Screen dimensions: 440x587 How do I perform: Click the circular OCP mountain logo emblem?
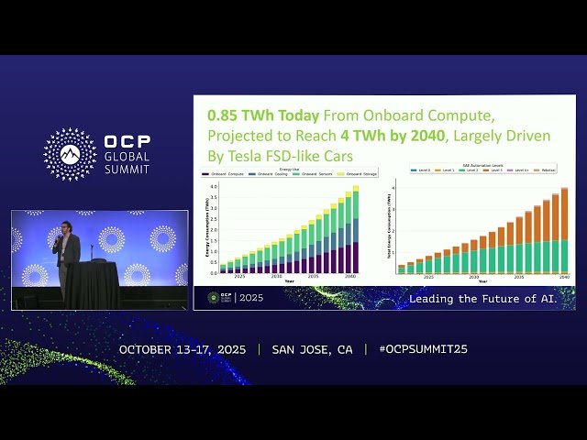pos(70,154)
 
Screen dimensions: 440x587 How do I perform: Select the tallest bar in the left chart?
pos(355,229)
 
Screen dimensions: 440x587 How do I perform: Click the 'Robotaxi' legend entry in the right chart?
pos(548,170)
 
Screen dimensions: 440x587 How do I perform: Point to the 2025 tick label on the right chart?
pos(427,277)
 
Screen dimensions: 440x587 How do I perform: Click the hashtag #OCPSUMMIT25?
pos(415,349)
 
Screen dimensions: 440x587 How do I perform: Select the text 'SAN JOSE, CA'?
pos(312,349)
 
